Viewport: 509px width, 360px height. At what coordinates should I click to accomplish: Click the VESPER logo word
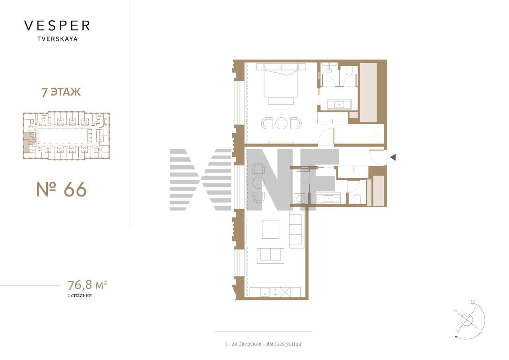point(57,26)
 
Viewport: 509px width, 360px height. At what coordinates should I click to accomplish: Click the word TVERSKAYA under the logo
point(58,39)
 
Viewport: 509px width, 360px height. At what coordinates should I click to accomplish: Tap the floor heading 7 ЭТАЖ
point(61,92)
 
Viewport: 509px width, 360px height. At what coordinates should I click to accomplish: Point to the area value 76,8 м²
point(87,285)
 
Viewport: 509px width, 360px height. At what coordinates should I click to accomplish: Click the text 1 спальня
point(80,296)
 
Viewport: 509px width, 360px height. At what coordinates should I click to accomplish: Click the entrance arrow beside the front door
point(393,157)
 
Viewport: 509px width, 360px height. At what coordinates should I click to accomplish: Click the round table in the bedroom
point(281,123)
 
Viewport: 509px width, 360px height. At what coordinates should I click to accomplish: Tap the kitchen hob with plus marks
point(275,292)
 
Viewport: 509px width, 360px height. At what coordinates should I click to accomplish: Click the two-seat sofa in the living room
point(270,256)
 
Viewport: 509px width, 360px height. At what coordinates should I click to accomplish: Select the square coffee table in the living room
point(270,230)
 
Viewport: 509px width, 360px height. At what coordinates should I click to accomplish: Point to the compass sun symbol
point(473,302)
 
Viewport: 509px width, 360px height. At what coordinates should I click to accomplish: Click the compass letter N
point(455,311)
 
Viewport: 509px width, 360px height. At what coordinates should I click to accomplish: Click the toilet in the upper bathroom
point(349,71)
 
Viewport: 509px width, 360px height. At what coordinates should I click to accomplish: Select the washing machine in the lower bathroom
point(300,198)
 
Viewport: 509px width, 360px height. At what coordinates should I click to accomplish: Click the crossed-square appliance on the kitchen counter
point(285,292)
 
